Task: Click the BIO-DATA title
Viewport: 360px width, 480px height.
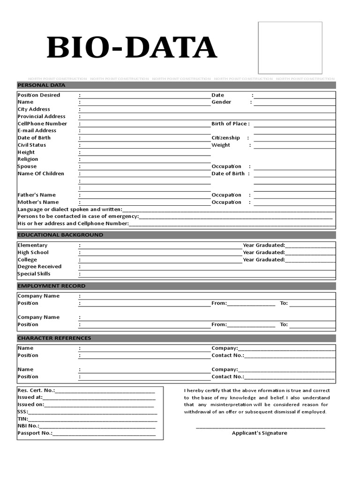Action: tap(132, 48)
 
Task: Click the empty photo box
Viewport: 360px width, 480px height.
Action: tap(290, 48)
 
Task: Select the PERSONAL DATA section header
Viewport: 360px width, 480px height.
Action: tap(41, 85)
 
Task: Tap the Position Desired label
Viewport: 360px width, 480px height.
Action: tap(39, 95)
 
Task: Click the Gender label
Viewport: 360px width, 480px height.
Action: tap(221, 102)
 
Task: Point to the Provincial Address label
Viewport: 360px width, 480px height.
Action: tap(41, 116)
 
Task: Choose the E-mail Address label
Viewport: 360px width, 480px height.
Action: tap(37, 131)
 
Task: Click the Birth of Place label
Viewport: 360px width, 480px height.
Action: tap(230, 124)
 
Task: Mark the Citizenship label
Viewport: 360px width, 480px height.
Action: tap(225, 138)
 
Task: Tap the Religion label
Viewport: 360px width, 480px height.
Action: tap(28, 159)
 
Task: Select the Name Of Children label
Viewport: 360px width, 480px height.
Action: tap(41, 173)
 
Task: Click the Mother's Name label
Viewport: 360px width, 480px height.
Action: tap(38, 202)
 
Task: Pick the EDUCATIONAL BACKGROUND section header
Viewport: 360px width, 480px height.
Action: tap(60, 235)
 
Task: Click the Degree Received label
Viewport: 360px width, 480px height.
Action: tap(39, 267)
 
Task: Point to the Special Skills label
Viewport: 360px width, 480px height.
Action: tap(34, 274)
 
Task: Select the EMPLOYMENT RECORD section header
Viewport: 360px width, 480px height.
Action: tap(51, 286)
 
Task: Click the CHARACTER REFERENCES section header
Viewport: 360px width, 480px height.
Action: tap(54, 338)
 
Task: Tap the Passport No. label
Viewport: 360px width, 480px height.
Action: tap(35, 433)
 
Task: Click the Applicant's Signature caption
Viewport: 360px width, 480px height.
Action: tap(259, 433)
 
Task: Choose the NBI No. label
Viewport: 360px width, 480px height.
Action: tap(28, 426)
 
